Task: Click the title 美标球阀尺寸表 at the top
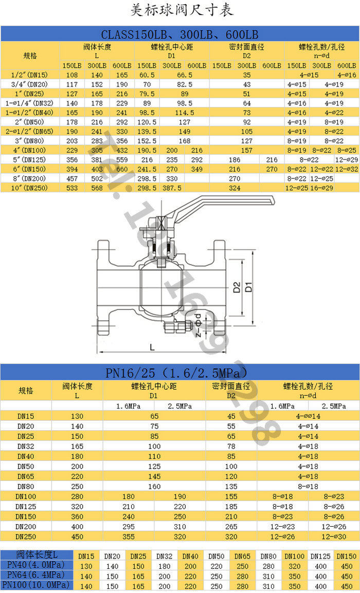[179, 10]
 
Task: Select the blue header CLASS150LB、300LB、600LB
[179, 34]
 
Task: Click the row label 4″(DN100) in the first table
[30, 150]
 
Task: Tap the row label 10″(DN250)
[30, 188]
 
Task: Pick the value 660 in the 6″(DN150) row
[121, 169]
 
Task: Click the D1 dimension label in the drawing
[249, 286]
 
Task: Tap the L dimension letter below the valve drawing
[152, 347]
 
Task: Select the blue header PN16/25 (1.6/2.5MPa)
[179, 372]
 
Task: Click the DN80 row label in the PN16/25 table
[26, 486]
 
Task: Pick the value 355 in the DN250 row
[129, 536]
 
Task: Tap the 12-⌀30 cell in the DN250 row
[334, 536]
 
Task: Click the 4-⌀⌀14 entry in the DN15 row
[309, 416]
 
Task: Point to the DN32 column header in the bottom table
[164, 555]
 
